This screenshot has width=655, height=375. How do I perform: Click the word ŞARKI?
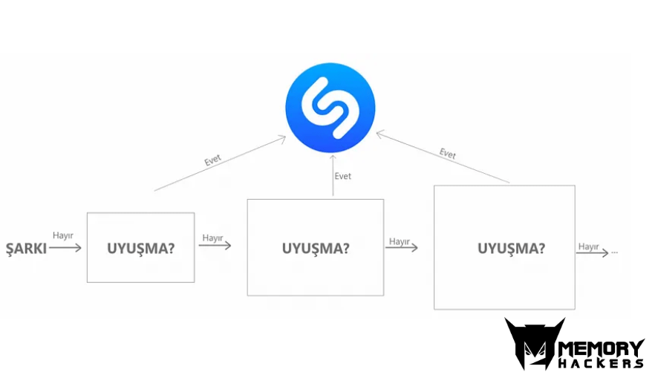(x=26, y=249)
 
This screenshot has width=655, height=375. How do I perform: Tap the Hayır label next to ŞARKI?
(x=63, y=235)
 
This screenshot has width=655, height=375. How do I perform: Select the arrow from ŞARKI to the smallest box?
(x=65, y=248)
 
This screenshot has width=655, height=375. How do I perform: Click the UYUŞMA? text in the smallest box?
(x=141, y=249)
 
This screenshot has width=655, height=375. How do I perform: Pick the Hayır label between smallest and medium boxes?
(x=212, y=238)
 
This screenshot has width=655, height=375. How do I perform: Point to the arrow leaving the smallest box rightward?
(x=215, y=245)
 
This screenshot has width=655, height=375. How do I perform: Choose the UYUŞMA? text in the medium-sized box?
(x=316, y=249)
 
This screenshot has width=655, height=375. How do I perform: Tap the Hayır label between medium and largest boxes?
(x=400, y=241)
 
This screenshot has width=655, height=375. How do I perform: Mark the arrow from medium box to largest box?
(x=402, y=247)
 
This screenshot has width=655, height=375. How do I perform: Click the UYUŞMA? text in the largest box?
(x=511, y=249)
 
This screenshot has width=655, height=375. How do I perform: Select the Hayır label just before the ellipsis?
(x=589, y=247)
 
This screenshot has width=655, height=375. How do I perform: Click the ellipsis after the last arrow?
(x=614, y=252)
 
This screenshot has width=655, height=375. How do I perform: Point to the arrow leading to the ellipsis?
(x=593, y=252)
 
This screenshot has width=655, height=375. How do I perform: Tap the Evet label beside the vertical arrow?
(x=342, y=176)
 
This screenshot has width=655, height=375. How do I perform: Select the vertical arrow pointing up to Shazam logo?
(x=333, y=175)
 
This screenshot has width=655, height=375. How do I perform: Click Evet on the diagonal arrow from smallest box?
(x=212, y=160)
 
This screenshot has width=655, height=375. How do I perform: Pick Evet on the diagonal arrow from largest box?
(x=448, y=154)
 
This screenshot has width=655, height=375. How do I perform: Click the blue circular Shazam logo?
(x=330, y=108)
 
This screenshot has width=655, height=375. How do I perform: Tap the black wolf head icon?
(x=535, y=343)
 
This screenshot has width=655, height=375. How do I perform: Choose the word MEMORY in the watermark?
(x=602, y=349)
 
